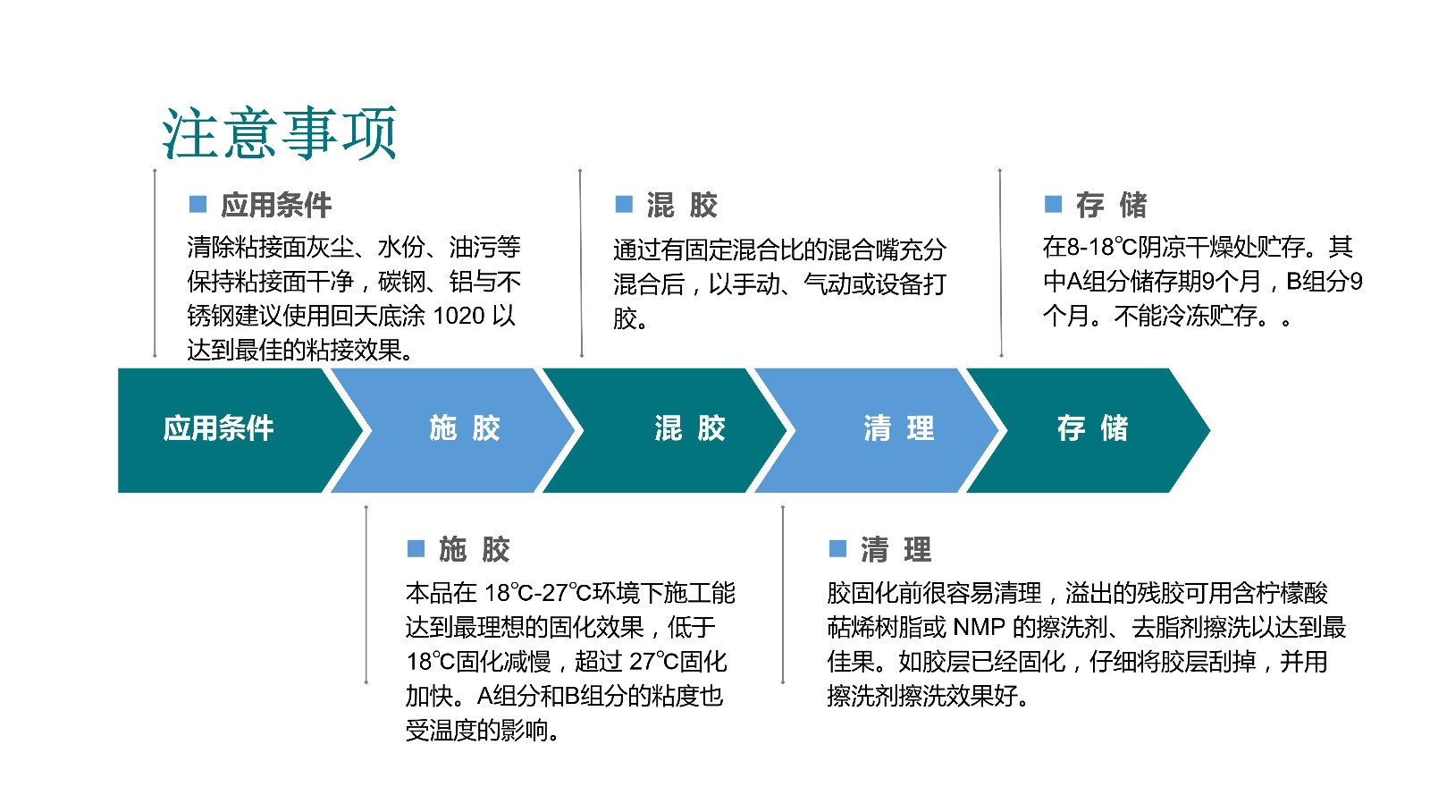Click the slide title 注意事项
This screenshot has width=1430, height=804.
click(x=280, y=133)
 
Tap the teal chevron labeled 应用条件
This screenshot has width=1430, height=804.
click(x=230, y=430)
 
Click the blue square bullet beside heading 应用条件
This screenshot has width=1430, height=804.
click(x=198, y=204)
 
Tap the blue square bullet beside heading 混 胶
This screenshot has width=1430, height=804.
click(x=624, y=204)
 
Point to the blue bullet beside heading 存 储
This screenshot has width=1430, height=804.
click(x=1054, y=204)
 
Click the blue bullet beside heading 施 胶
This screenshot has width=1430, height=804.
click(x=416, y=548)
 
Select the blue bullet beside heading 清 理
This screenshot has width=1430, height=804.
click(x=837, y=548)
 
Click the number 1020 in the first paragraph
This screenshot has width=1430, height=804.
click(x=459, y=316)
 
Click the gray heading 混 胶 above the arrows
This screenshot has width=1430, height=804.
click(x=682, y=205)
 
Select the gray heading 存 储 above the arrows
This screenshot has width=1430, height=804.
click(x=1112, y=205)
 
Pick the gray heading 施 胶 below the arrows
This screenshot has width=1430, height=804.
click(x=475, y=549)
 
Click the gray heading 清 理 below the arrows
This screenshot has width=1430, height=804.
click(x=896, y=549)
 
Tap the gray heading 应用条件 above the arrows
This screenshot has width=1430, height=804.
click(x=276, y=205)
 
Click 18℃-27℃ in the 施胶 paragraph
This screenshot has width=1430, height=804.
click(x=537, y=593)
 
